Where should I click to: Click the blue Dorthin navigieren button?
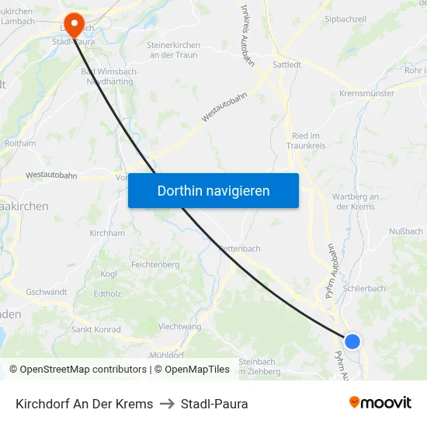click(213, 190)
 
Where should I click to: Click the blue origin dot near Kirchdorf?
click(352, 341)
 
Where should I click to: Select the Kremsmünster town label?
click(366, 93)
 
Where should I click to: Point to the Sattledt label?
click(287, 65)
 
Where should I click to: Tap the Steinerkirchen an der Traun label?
click(173, 50)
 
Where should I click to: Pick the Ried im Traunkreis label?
click(308, 141)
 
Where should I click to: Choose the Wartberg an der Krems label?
click(355, 201)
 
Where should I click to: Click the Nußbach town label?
click(405, 231)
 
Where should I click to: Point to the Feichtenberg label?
click(155, 265)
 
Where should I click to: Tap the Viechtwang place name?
click(180, 326)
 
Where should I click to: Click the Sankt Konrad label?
click(95, 329)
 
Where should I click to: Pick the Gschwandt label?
click(47, 292)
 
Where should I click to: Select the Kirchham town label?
click(107, 233)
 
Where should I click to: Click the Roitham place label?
click(20, 143)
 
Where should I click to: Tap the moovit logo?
click(380, 403)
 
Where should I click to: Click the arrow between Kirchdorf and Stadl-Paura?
click(167, 404)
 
